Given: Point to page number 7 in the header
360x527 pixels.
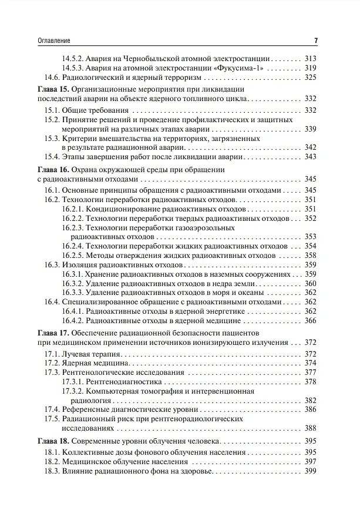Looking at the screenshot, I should (x=315, y=41).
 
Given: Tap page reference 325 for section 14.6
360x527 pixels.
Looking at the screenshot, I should (x=311, y=78).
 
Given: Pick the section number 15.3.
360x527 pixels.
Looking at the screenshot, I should (x=52, y=138).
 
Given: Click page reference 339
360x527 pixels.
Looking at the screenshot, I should (x=311, y=129).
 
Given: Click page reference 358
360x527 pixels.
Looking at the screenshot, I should (x=311, y=256).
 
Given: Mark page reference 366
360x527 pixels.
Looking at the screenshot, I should (x=311, y=320).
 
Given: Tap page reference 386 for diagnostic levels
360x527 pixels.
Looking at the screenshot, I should (x=311, y=409).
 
